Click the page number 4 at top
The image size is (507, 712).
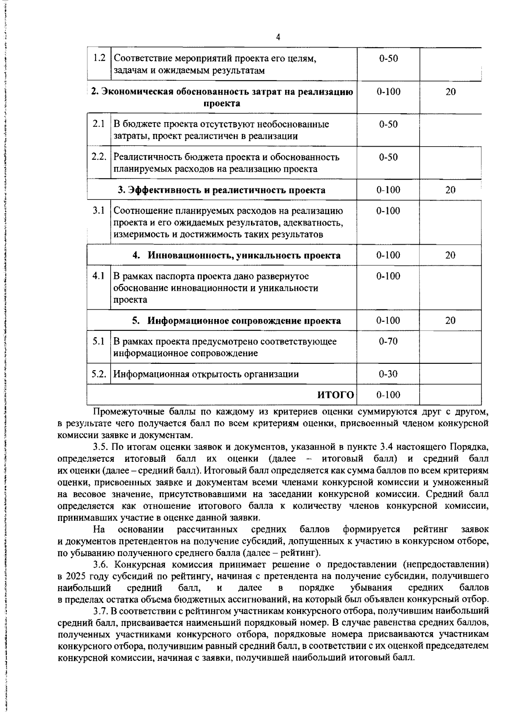[x=278, y=37]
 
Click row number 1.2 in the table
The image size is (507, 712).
[x=99, y=58]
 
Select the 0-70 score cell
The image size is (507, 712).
[x=388, y=341]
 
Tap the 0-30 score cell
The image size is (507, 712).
[x=388, y=374]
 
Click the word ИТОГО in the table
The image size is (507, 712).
[x=335, y=395]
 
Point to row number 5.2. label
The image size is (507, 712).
[x=99, y=374]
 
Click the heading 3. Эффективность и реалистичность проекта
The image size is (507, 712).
[x=221, y=190]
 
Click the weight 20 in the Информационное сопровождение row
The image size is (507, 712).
[x=450, y=320]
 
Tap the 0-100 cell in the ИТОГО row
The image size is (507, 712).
[x=388, y=395]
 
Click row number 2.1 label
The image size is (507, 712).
[x=99, y=124]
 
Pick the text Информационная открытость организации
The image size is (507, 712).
[x=206, y=374]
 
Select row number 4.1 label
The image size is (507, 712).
[x=99, y=276]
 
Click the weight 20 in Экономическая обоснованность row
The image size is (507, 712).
[x=450, y=92]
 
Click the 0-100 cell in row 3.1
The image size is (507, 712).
[x=388, y=210]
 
